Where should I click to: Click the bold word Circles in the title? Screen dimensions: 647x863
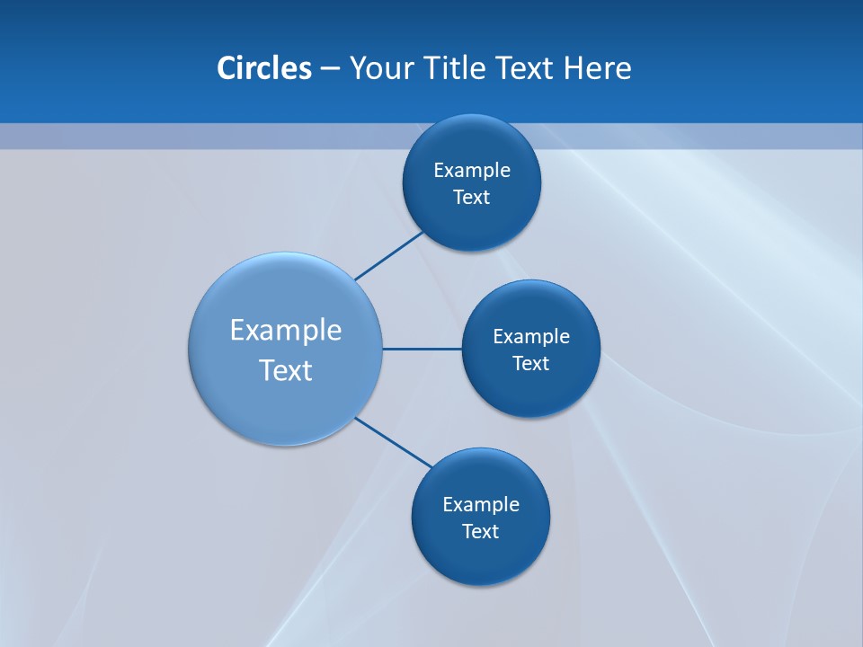[263, 68]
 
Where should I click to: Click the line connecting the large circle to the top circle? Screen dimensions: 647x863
[388, 256]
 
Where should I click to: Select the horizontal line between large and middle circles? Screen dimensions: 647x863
[423, 349]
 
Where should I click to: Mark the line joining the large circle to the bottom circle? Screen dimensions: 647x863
[393, 442]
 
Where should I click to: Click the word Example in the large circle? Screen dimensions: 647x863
[286, 330]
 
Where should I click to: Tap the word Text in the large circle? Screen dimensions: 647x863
[286, 370]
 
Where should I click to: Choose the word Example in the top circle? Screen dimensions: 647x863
[472, 171]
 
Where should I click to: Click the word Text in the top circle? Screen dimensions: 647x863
[472, 198]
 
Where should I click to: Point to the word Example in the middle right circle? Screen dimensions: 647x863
[531, 337]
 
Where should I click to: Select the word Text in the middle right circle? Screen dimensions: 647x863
[531, 364]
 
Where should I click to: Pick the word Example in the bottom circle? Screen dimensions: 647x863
[481, 505]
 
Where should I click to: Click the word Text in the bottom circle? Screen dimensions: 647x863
[481, 532]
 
